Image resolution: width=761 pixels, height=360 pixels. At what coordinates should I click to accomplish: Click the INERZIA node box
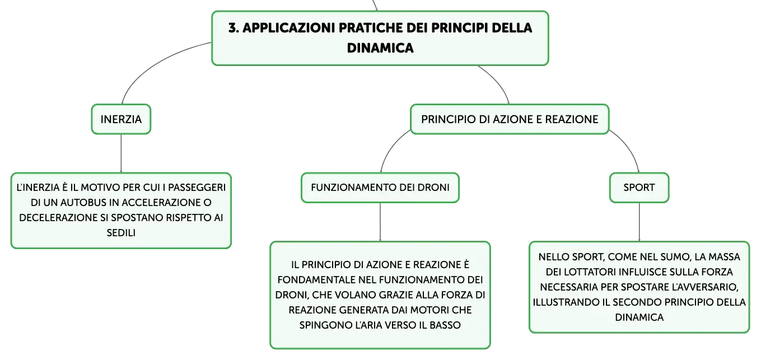pyautogui.click(x=121, y=119)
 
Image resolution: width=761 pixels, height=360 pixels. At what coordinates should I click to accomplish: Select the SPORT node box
pyautogui.click(x=639, y=188)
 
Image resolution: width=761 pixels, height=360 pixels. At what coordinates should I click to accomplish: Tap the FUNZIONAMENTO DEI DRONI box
pyautogui.click(x=380, y=188)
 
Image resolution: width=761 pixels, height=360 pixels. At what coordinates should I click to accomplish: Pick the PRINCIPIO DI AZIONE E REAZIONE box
pyautogui.click(x=510, y=119)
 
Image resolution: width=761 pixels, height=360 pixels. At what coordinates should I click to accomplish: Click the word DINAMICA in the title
pyautogui.click(x=380, y=48)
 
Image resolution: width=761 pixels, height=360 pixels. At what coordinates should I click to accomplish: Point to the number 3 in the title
pyautogui.click(x=232, y=28)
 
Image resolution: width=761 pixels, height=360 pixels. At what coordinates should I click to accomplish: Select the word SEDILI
pyautogui.click(x=121, y=233)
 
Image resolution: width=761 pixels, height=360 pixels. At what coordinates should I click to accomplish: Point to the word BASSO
pyautogui.click(x=445, y=325)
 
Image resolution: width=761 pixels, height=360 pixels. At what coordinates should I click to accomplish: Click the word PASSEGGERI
pyautogui.click(x=197, y=188)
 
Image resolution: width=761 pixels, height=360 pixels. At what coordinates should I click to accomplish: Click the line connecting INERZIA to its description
pyautogui.click(x=121, y=153)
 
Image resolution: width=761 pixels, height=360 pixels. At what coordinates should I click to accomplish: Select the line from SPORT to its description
pyautogui.click(x=639, y=222)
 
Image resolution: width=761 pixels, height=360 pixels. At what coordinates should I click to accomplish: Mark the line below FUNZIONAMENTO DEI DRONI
pyautogui.click(x=380, y=222)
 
